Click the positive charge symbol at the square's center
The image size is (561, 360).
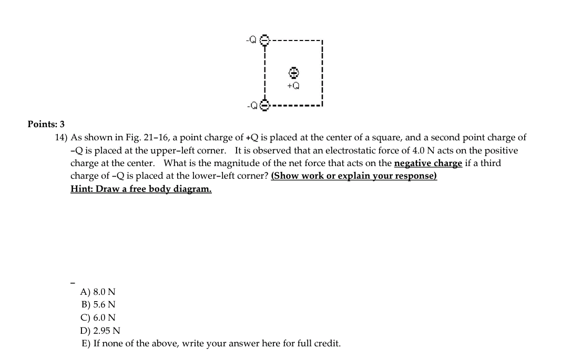coord(294,72)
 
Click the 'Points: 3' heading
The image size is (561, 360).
coord(46,125)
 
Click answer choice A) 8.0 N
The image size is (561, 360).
coord(98,292)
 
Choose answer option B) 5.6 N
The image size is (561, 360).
coord(98,304)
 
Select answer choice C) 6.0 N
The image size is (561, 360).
coord(98,317)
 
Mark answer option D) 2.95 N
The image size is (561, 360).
coord(100,331)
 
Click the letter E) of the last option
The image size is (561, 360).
coord(86,344)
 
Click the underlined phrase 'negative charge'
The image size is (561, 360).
coord(428,163)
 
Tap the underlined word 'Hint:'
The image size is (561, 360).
coord(81,189)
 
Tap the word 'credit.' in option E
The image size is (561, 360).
coord(327,344)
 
